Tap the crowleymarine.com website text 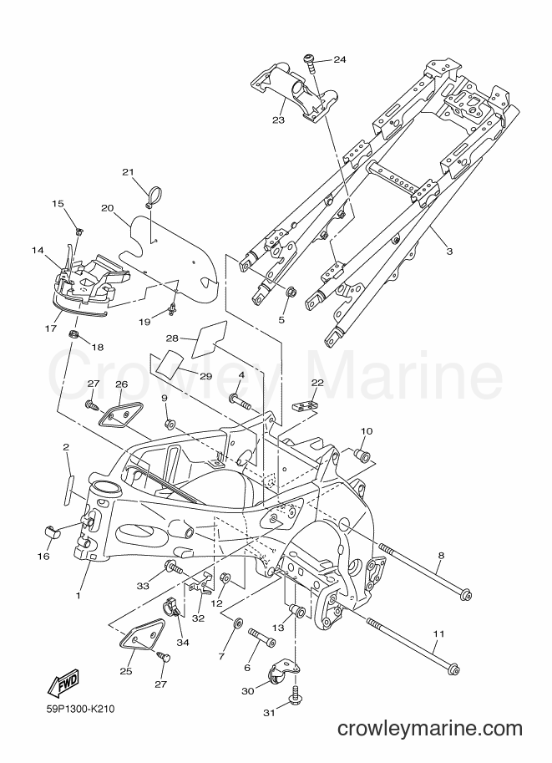coord(429,730)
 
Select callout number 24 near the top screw coord(340,60)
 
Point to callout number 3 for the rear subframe coord(450,252)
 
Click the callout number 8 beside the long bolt coord(441,557)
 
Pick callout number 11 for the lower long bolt coord(438,634)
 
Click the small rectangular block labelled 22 coord(303,404)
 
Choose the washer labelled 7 coord(238,623)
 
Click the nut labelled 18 coord(73,333)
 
